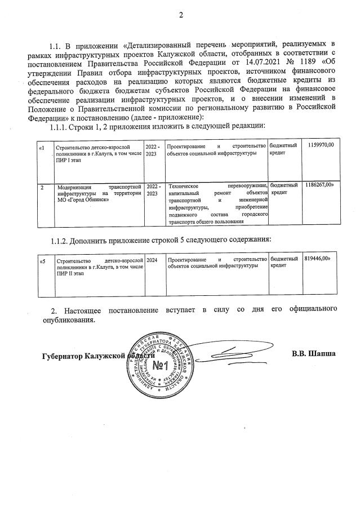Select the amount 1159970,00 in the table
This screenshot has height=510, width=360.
321,145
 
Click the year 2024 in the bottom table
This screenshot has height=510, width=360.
152,260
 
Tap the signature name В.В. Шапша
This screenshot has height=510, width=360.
314,354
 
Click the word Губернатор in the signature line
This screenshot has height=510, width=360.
63,356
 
